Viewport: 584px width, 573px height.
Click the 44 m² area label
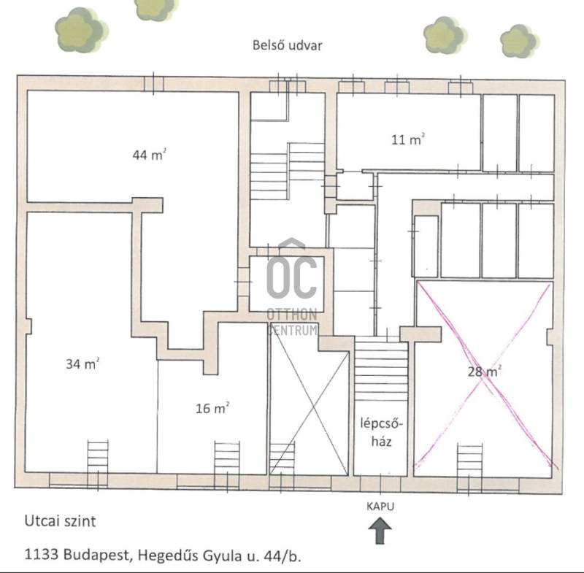click(149, 155)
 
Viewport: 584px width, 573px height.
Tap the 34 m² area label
click(82, 364)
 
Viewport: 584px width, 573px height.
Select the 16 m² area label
click(212, 409)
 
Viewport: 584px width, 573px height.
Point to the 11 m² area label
click(408, 139)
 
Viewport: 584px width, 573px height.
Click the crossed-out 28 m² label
click(484, 372)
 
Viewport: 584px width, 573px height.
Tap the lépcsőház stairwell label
click(381, 432)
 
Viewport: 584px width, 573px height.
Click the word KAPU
click(380, 507)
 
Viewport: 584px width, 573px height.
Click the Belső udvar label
click(287, 45)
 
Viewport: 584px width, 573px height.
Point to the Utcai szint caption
click(60, 521)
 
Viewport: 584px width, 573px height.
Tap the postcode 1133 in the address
click(42, 555)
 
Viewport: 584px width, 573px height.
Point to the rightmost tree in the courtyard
click(520, 42)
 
